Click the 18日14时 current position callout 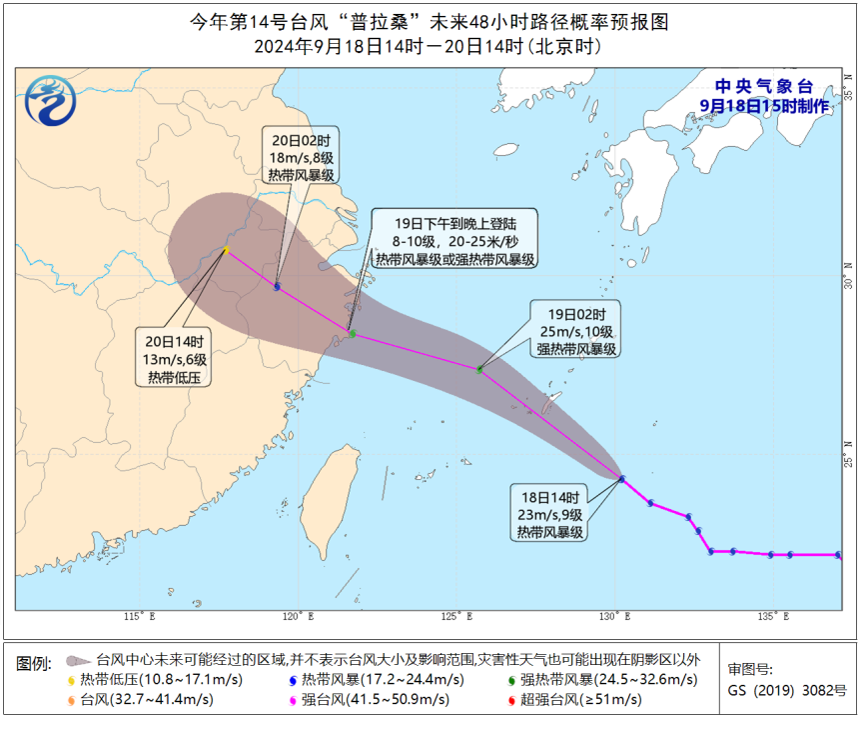(550, 511)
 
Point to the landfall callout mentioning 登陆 (454, 238)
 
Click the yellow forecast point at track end (227, 250)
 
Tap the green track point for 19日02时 (479, 370)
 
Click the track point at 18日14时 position (621, 479)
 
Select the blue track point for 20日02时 (277, 287)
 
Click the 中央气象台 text (764, 86)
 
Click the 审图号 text (749, 670)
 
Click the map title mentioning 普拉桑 (429, 21)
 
